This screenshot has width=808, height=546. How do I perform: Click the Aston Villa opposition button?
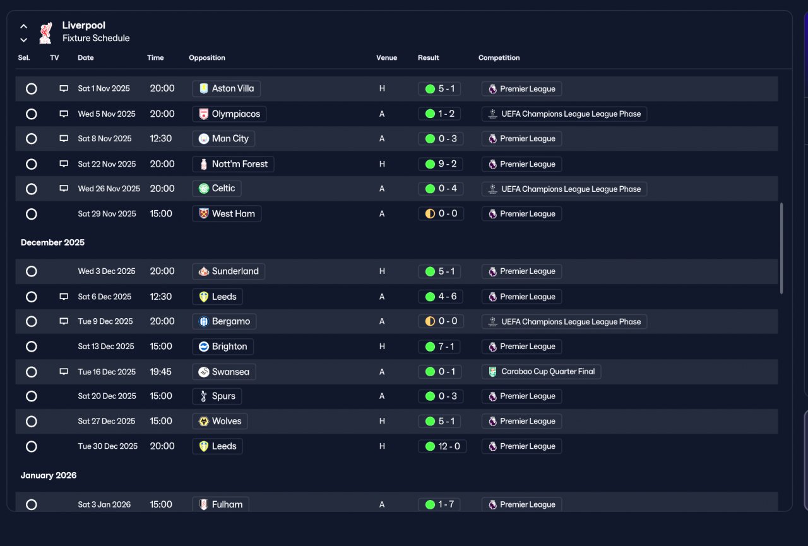pos(226,89)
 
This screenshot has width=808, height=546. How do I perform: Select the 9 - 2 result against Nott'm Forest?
pos(441,164)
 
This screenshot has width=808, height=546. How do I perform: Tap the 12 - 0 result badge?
pos(443,446)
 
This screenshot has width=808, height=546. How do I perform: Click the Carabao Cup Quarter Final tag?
pos(541,371)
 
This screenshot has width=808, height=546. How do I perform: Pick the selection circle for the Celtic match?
pos(32,189)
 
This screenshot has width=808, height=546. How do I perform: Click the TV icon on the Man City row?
pos(64,138)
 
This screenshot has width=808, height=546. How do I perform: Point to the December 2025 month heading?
pos(52,242)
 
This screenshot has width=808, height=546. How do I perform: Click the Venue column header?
pos(387,57)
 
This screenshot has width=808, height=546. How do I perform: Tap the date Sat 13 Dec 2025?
pos(106,347)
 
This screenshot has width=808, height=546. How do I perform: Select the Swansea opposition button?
pos(224,372)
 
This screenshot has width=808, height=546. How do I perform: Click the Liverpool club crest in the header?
pos(46,32)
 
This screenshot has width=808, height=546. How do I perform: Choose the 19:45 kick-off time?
pos(161,372)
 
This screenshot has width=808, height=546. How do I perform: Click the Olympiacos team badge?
pos(204,114)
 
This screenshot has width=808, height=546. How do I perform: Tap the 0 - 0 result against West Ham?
pos(441,214)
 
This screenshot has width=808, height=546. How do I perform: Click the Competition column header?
pos(499,57)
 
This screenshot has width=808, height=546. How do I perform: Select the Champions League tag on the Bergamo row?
pos(564,322)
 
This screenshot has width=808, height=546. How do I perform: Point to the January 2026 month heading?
pos(49,475)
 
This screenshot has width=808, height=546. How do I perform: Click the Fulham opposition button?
pos(221,504)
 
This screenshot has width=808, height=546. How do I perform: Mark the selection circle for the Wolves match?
pos(32,422)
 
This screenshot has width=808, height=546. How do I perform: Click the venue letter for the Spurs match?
pos(382,396)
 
